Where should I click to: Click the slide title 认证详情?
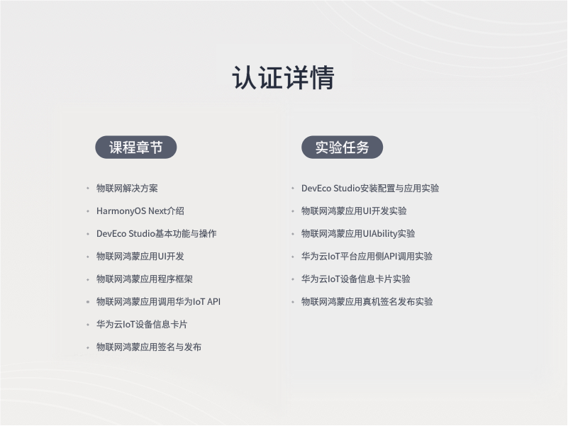pyautogui.click(x=283, y=77)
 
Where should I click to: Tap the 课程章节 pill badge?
pyautogui.click(x=136, y=147)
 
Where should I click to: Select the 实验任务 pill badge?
pyautogui.click(x=342, y=147)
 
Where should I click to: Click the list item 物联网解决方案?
pyautogui.click(x=127, y=189)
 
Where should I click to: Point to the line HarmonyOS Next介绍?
pyautogui.click(x=140, y=211)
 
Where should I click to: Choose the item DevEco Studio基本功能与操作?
pyautogui.click(x=157, y=234)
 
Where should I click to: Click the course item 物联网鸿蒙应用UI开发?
pyautogui.click(x=140, y=257)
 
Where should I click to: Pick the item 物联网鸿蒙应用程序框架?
pyautogui.click(x=145, y=279)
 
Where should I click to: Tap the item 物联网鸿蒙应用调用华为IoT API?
pyautogui.click(x=159, y=302)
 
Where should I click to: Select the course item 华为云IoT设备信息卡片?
pyautogui.click(x=142, y=325)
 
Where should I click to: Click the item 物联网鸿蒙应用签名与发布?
pyautogui.click(x=149, y=347)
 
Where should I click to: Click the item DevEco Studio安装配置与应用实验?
pyautogui.click(x=370, y=189)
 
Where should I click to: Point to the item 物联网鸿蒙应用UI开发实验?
pyautogui.click(x=354, y=211)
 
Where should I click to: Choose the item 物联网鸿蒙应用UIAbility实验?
pyautogui.click(x=358, y=234)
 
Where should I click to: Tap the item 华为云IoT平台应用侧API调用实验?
pyautogui.click(x=367, y=257)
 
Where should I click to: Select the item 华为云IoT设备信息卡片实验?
pyautogui.click(x=356, y=279)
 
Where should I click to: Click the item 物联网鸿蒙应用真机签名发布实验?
pyautogui.click(x=367, y=302)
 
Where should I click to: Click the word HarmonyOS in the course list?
pyautogui.click(x=121, y=211)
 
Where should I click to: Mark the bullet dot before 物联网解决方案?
pyautogui.click(x=88, y=189)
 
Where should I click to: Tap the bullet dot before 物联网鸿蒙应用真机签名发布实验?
pyautogui.click(x=293, y=302)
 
